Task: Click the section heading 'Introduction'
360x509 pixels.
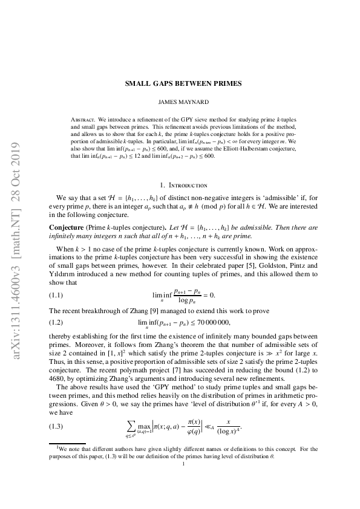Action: (x=188, y=185)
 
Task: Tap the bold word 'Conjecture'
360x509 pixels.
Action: (x=64, y=226)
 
